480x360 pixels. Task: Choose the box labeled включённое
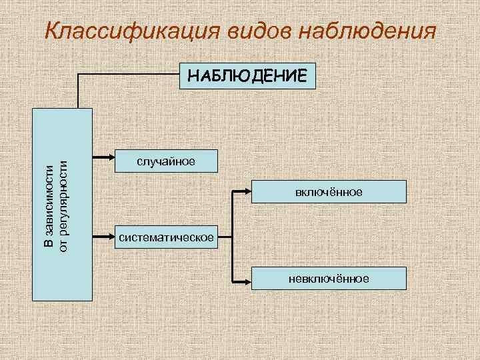tap(330, 192)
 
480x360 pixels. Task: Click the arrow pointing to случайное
tap(103, 158)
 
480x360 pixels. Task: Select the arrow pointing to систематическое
tap(103, 235)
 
